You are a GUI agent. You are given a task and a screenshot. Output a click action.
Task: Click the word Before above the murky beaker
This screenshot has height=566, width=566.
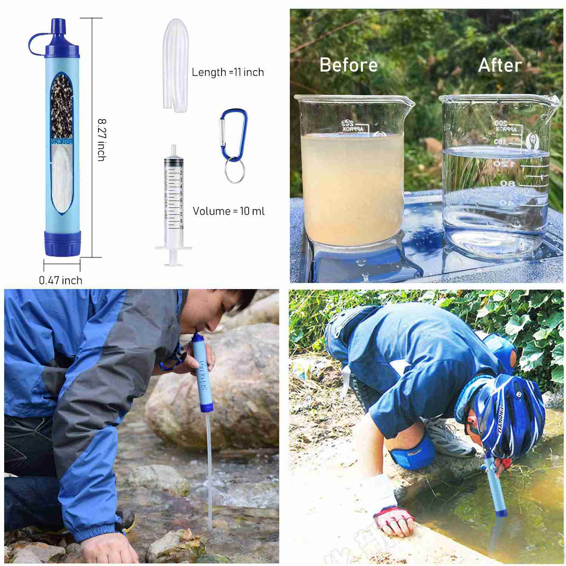point(348,65)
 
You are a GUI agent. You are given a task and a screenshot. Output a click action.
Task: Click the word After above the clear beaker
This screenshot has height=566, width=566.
point(500,65)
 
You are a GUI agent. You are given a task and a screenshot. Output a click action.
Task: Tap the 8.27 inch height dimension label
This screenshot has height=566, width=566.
point(101,140)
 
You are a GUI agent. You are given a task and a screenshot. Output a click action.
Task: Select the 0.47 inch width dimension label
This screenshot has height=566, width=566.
point(60,280)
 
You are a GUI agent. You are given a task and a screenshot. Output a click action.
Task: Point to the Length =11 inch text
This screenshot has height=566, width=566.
point(228,72)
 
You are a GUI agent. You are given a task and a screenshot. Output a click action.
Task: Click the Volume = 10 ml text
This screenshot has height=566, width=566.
point(229,211)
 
